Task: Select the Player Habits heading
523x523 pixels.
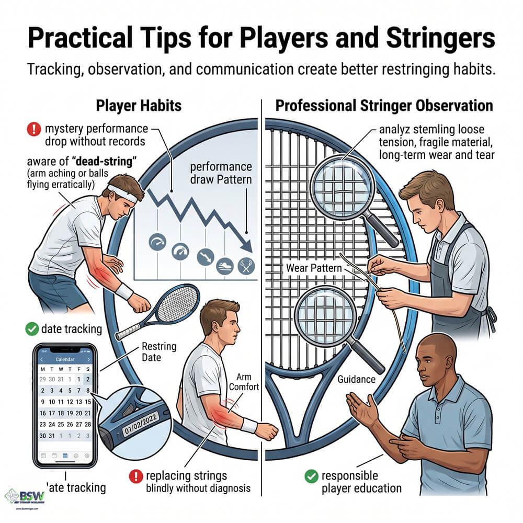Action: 139,106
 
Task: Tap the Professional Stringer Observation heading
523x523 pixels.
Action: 384,106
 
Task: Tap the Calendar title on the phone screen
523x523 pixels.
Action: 65,360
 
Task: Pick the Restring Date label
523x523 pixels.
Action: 159,351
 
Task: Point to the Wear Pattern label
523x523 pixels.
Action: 314,268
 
